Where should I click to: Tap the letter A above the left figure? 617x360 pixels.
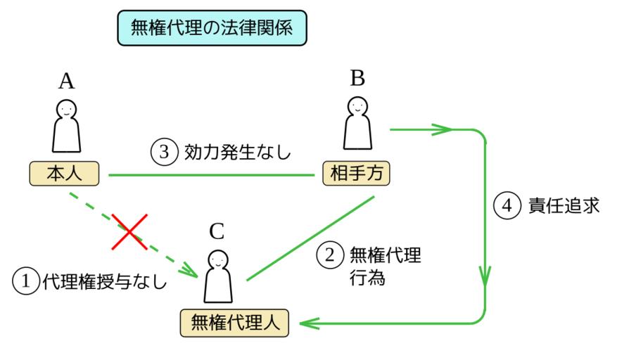point(67,82)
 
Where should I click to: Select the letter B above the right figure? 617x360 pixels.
point(357,77)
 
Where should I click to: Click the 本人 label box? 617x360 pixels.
point(64,173)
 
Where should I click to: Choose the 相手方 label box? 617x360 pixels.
point(356,172)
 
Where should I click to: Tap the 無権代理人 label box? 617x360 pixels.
point(232,323)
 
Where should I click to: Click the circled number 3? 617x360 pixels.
point(163,153)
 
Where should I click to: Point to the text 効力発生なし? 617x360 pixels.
point(237,153)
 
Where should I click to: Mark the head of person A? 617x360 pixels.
point(66,108)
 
